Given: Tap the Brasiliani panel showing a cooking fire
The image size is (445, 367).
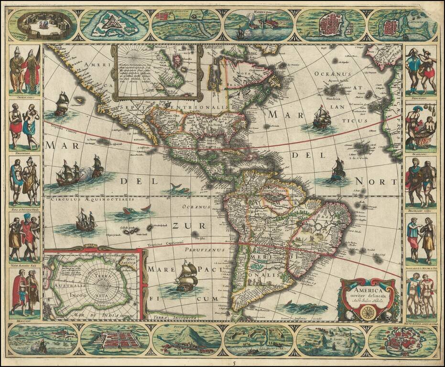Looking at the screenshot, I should tap(421, 127).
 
